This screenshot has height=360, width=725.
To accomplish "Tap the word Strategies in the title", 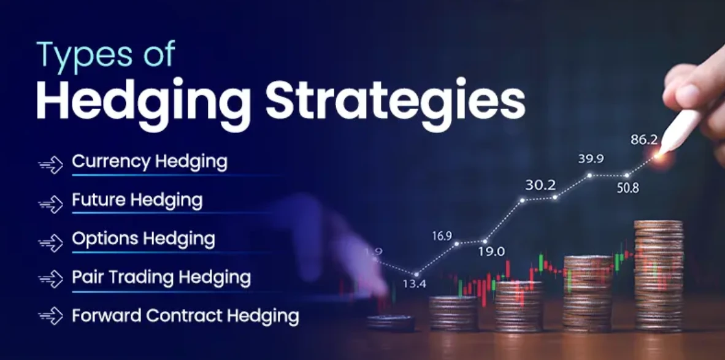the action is tap(396, 102).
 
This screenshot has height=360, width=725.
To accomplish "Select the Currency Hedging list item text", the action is tap(150, 162).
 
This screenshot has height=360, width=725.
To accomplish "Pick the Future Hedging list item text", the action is tap(137, 201).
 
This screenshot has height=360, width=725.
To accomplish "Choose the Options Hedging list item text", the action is tap(144, 239).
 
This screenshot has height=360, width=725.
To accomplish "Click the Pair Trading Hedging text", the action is tap(161, 278).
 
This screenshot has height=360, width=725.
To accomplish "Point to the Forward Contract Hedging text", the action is tap(186, 316).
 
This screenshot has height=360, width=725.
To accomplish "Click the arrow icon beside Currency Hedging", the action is tap(50, 165).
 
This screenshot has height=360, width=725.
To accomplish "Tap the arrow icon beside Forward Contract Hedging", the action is tap(50, 317).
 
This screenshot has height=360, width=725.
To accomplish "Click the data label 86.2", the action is tap(644, 140).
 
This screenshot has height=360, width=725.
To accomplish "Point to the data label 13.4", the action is tap(414, 284).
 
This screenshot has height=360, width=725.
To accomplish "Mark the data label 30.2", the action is tap(540, 185).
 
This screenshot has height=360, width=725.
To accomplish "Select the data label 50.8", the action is tap(627, 188).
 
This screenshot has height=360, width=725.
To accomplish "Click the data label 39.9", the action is tap(591, 159).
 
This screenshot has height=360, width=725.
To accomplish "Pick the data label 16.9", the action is tap(442, 236).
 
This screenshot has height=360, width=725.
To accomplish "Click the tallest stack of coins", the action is tap(658, 276).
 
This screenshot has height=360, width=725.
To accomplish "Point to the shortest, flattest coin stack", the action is tap(391, 323).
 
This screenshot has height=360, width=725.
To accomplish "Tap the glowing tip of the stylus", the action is tap(659, 155).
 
